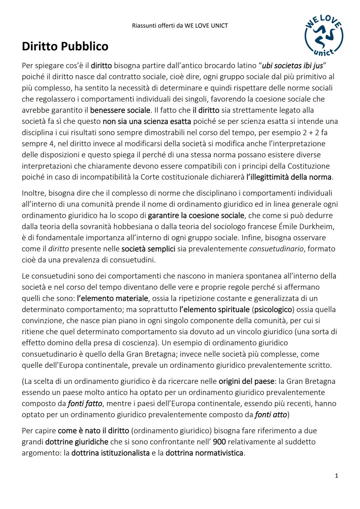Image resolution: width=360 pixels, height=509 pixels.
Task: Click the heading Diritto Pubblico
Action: click(65, 46)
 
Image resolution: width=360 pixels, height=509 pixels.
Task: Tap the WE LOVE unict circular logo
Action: click(323, 36)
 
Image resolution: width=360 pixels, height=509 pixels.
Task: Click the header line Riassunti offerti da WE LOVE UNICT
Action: click(180, 26)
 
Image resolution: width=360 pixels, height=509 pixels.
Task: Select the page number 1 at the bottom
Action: click(336, 476)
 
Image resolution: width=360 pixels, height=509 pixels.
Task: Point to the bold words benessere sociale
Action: click(120, 110)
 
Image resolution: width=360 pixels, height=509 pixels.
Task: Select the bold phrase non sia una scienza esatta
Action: click(147, 121)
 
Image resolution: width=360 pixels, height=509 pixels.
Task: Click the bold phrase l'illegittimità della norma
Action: click(289, 177)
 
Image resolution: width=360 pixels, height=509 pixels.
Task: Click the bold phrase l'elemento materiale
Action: click(112, 298)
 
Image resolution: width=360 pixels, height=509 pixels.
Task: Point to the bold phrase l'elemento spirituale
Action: click(214, 309)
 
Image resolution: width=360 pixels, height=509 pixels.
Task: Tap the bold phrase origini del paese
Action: click(243, 381)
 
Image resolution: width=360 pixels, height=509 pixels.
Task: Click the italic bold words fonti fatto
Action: click(85, 403)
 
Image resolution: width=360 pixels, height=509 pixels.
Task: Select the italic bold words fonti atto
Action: click(271, 415)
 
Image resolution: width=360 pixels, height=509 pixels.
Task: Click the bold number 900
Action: click(219, 442)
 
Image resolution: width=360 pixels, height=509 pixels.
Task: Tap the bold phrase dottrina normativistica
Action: click(204, 453)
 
